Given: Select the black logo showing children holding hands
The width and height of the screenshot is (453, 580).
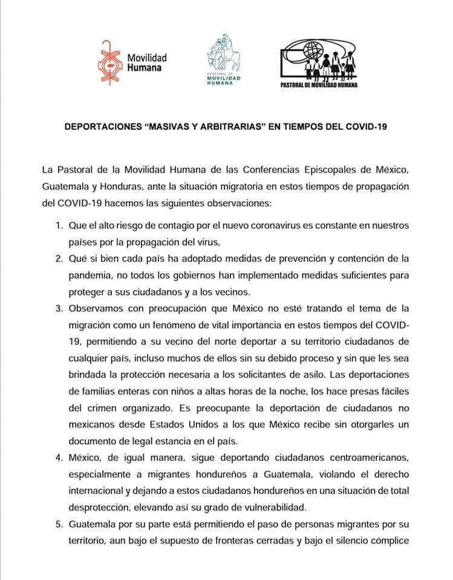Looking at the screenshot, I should click(x=319, y=65).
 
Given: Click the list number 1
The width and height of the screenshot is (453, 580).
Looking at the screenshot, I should click(x=59, y=225).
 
